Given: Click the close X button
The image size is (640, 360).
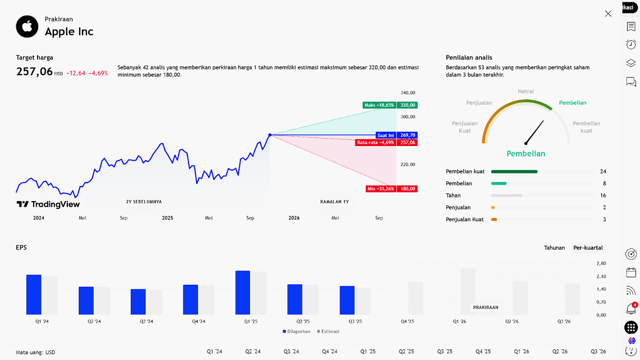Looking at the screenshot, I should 608,13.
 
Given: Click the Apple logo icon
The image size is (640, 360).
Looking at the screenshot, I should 27,26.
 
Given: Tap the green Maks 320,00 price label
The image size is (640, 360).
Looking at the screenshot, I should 390,105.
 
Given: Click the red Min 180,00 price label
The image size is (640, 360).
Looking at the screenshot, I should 391,189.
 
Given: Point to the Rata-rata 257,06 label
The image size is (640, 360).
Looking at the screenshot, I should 387,143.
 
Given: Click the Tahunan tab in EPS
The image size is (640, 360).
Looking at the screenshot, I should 554,248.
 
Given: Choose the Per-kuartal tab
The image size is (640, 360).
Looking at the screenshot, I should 588,248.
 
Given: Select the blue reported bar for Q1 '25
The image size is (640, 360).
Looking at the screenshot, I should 243,293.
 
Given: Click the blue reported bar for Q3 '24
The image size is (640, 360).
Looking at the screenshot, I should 138,302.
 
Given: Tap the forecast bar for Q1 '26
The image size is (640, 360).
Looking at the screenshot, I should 468,291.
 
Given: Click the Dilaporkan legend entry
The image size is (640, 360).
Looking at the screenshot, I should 297,331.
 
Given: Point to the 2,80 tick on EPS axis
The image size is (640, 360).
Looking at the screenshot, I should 601,263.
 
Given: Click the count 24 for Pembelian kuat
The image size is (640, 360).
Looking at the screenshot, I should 603,171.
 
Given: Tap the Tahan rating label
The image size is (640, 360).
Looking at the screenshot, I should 453,195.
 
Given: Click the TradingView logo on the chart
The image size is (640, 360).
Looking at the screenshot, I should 48,204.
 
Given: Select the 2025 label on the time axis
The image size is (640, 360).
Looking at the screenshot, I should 167,218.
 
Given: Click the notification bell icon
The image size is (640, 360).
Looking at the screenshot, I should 631,309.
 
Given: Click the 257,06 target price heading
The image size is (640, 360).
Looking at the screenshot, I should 34,71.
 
